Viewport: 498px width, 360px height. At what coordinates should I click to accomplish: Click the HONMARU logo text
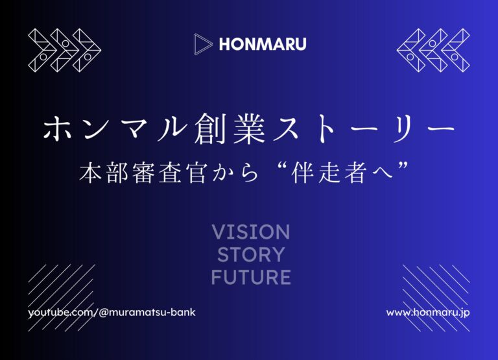tap(263, 44)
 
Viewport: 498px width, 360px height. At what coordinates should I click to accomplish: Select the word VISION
tap(250, 232)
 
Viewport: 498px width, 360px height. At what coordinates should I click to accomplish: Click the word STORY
tap(251, 254)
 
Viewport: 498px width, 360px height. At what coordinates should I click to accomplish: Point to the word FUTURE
tap(251, 277)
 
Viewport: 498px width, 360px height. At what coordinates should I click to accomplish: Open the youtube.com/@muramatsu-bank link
tap(112, 313)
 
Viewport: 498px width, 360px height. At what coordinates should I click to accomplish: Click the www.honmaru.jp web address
tap(428, 313)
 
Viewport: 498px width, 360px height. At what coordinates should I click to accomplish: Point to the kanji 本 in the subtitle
tap(91, 173)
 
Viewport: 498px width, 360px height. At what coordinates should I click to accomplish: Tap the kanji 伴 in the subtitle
tap(303, 173)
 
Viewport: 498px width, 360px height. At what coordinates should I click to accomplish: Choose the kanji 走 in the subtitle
tap(330, 173)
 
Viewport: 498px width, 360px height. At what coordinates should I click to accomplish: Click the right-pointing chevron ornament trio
tap(64, 51)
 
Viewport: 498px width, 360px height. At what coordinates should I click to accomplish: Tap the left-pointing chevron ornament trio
tap(433, 51)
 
